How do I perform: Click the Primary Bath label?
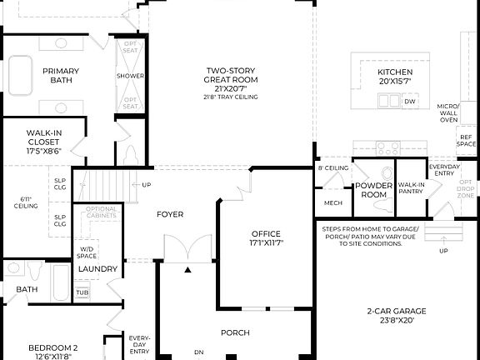[61, 75]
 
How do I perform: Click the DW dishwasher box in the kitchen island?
[409, 102]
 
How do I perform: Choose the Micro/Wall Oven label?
[449, 113]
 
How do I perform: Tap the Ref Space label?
[467, 140]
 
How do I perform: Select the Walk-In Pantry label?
[410, 188]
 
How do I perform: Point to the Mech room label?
[332, 202]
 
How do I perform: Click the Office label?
[266, 238]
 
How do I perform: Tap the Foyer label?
[170, 214]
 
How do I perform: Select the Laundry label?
[97, 269]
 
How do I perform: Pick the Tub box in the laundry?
[82, 292]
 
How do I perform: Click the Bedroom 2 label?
[52, 352]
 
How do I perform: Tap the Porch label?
[235, 332]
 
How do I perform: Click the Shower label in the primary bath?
[131, 76]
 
